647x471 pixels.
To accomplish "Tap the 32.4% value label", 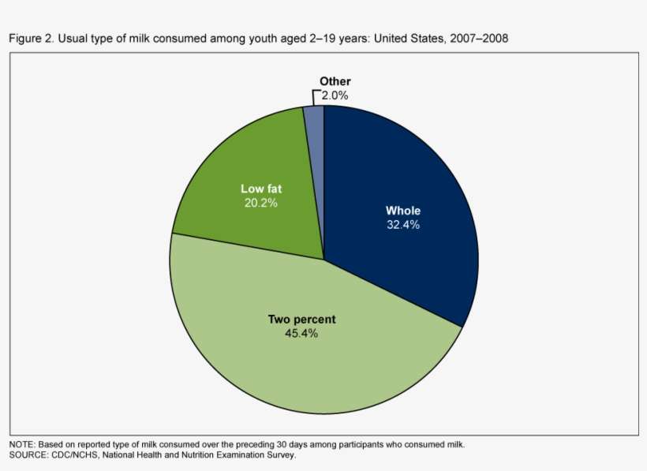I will point(402,225).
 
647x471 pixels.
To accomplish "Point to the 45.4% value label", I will point(301,334).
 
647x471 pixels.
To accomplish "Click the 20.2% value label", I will point(261,202).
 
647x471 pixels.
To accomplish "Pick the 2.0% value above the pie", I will point(335,95).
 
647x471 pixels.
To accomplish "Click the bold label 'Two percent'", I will point(301,320).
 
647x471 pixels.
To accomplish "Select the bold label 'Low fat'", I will point(261,189).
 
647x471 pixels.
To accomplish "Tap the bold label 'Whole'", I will point(402,211).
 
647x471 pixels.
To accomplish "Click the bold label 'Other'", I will point(335,81).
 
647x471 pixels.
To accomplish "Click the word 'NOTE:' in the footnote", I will point(22,444).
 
